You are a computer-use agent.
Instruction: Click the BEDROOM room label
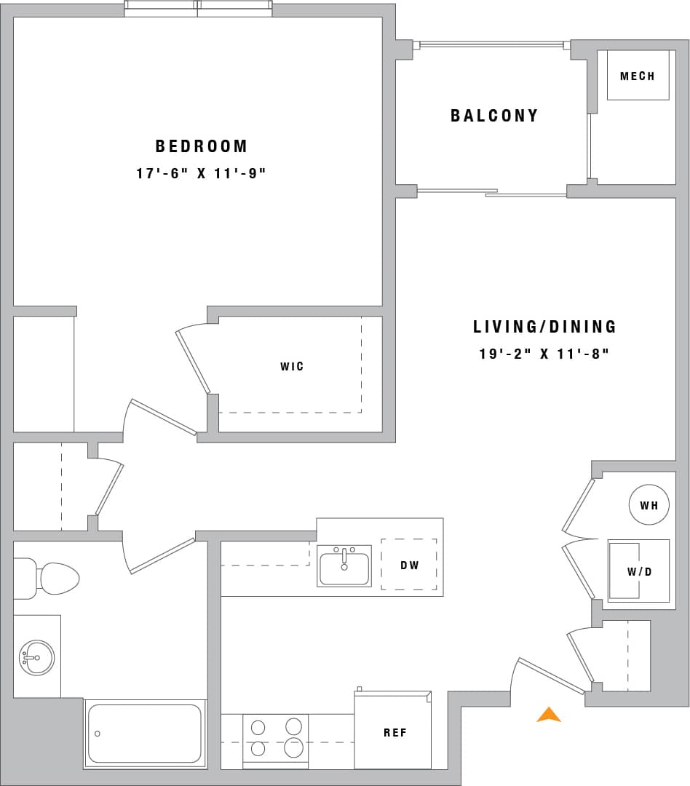tap(202, 146)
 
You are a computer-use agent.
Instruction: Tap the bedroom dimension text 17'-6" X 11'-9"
tap(202, 174)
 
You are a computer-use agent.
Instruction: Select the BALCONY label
tap(494, 116)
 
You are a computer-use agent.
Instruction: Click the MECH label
tap(638, 76)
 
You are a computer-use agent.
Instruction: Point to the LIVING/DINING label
tap(544, 327)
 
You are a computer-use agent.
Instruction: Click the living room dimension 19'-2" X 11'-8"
tap(544, 354)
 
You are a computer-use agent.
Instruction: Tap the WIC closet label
tap(292, 366)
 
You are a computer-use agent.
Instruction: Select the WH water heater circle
tap(649, 504)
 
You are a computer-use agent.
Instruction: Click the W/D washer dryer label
tap(640, 571)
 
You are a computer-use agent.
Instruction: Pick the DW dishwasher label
tap(409, 565)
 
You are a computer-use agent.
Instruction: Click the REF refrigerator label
tap(395, 733)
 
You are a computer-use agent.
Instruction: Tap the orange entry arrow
tap(549, 715)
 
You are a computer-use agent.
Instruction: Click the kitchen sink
tap(344, 567)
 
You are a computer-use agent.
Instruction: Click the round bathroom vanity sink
tap(36, 657)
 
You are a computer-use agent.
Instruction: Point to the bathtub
tap(144, 734)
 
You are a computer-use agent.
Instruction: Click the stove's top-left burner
tap(258, 727)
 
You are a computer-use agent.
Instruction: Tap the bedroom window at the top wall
tap(198, 9)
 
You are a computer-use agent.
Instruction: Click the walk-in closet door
tap(193, 362)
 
